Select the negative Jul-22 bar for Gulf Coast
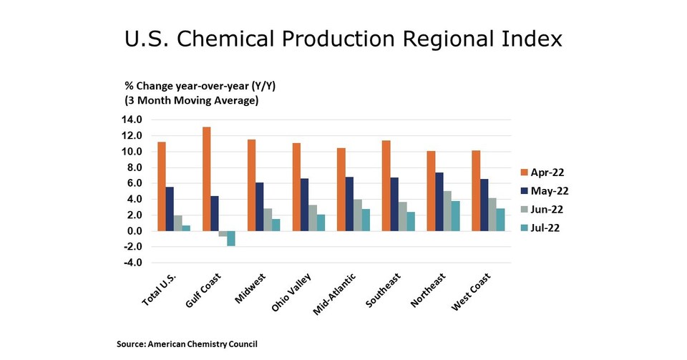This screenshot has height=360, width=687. pos(231,238)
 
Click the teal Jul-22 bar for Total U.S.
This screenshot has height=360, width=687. pos(186,228)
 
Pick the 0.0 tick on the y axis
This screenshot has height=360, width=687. pos(132,231)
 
